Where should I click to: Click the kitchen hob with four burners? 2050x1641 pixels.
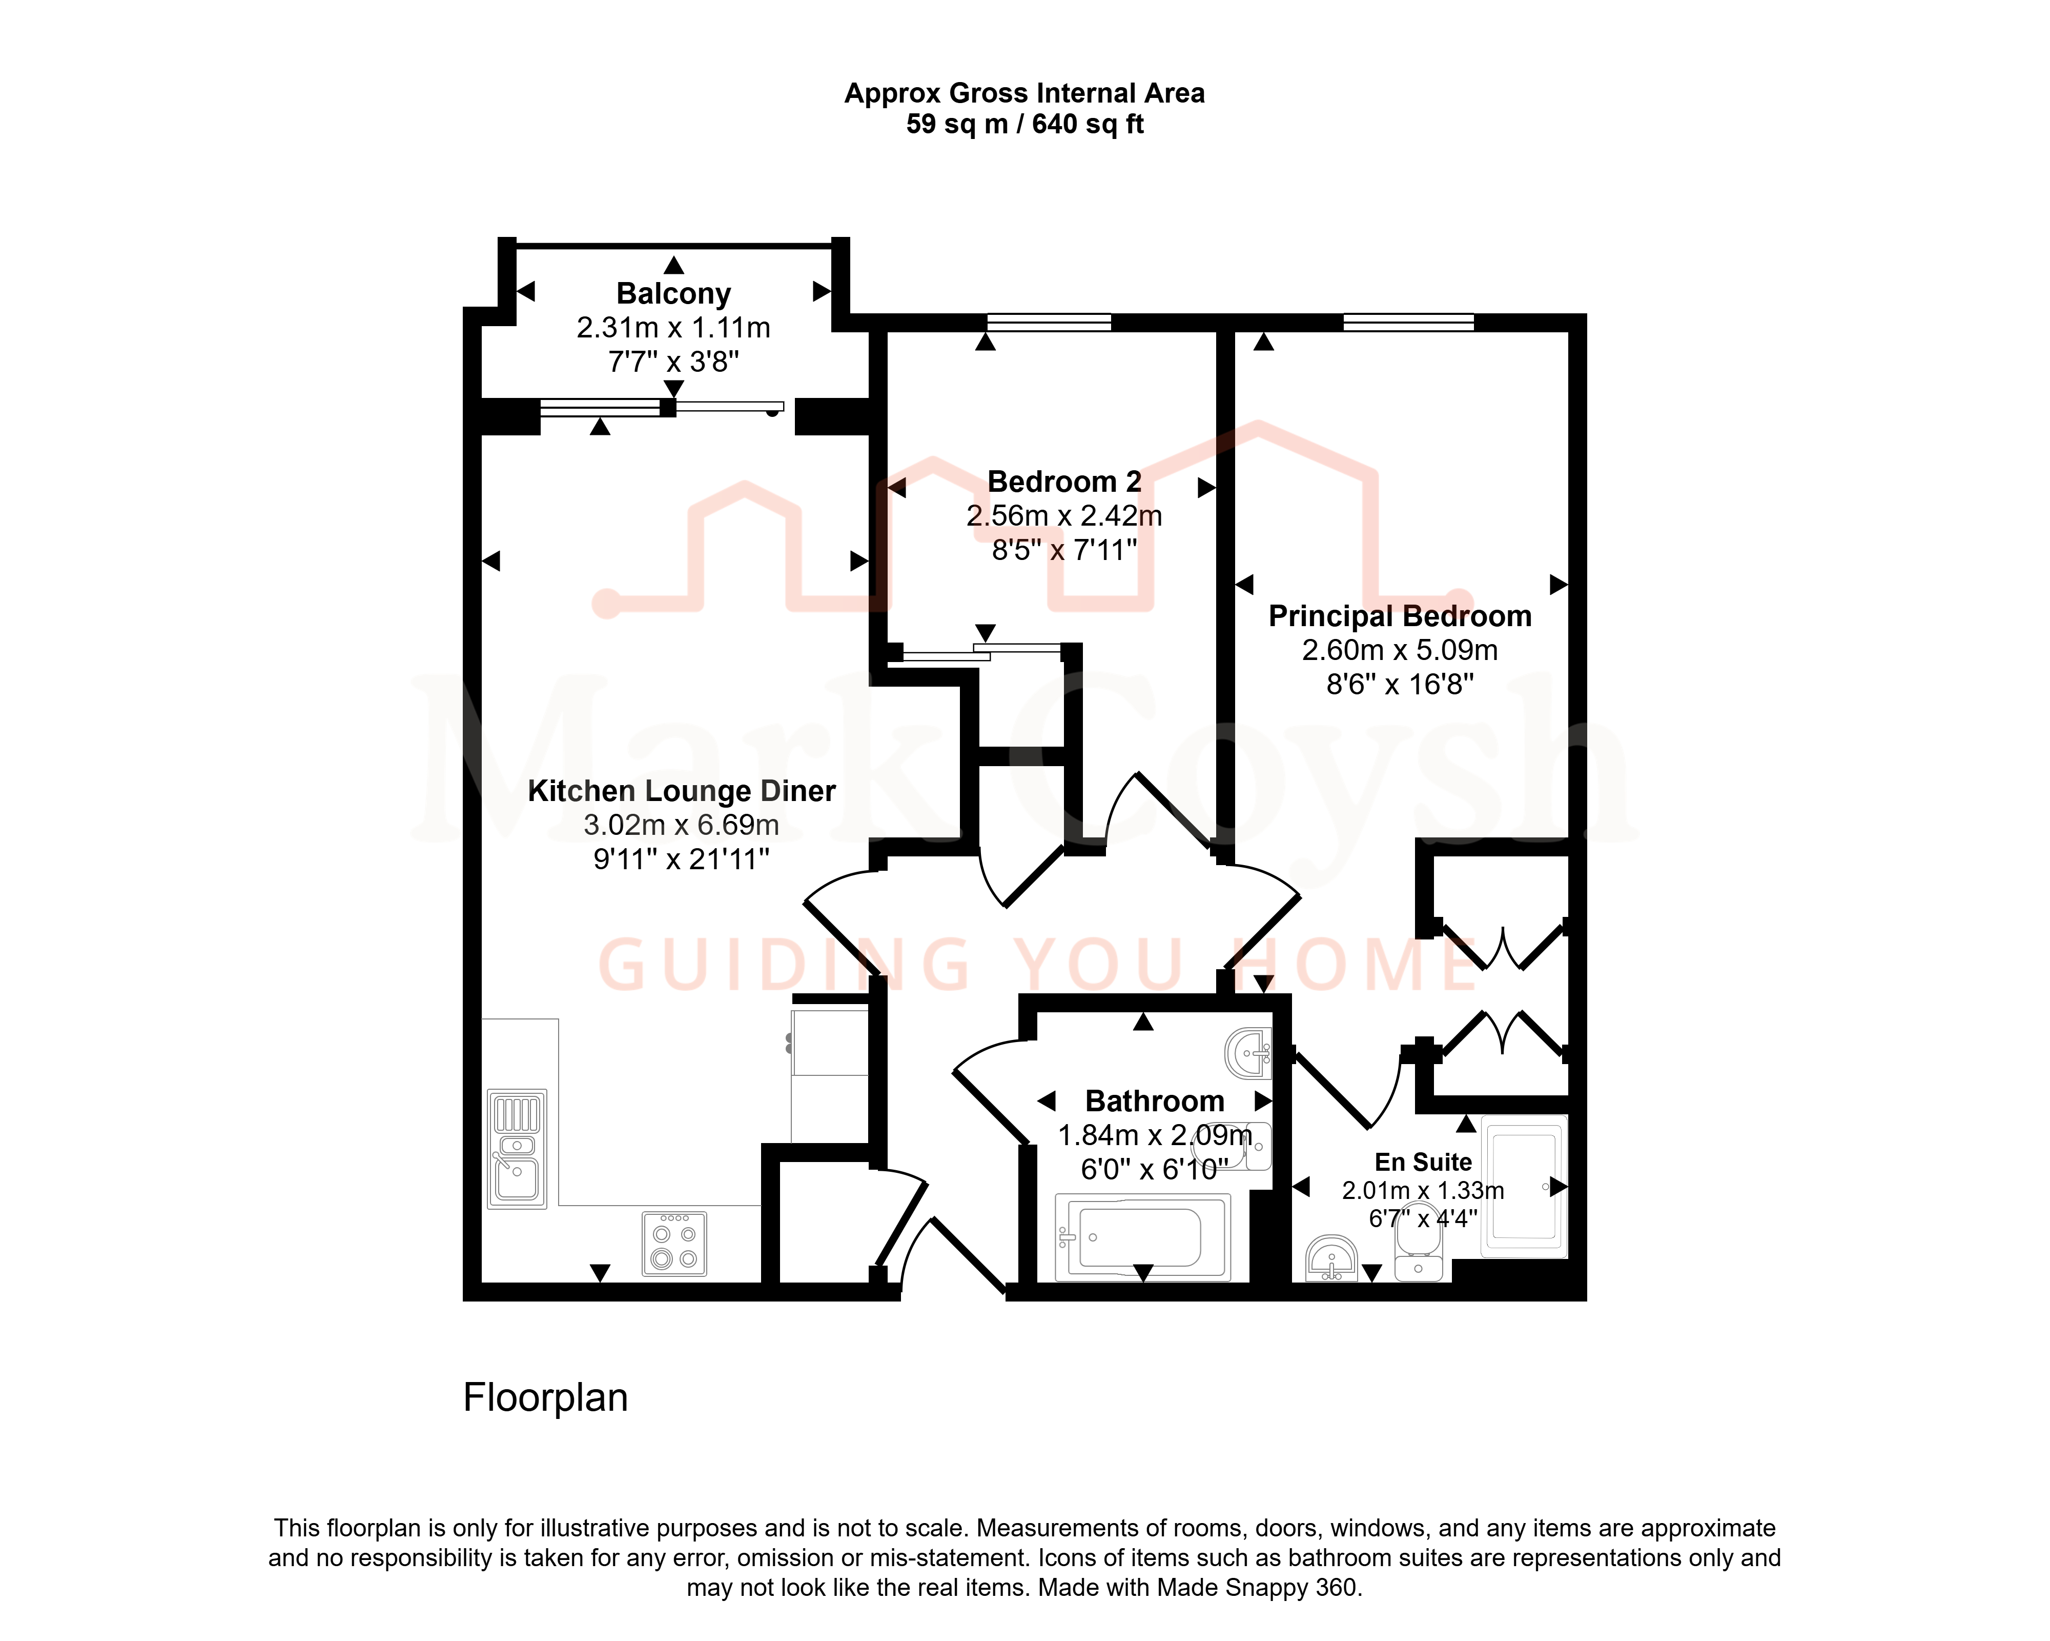674,1244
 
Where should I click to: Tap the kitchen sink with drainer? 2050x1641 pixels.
517,1149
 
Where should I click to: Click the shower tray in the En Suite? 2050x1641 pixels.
1524,1186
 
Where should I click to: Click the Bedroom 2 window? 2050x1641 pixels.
1049,323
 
